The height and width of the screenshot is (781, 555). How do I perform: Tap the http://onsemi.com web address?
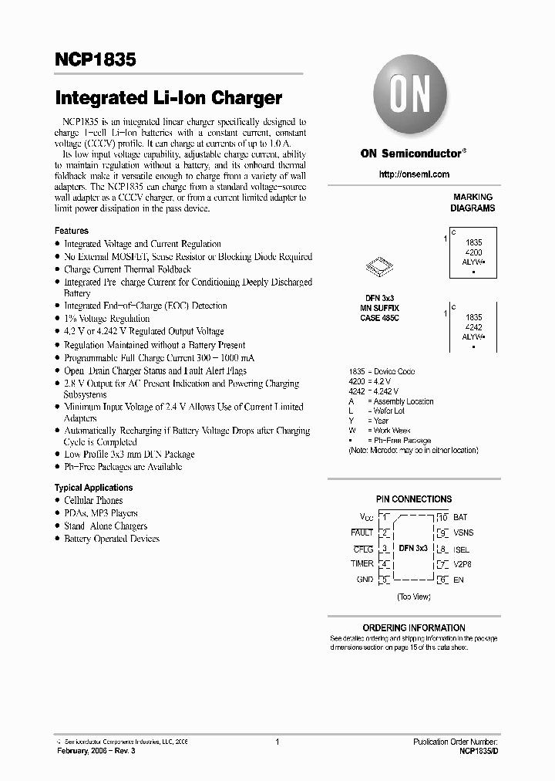coord(413,174)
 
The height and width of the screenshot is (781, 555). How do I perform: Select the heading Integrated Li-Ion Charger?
coord(168,98)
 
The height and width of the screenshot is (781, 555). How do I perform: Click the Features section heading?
coord(71,231)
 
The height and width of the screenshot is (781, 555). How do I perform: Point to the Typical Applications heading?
coord(93,488)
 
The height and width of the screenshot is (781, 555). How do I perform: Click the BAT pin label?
coord(461,517)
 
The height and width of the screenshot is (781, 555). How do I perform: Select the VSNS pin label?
coord(464,533)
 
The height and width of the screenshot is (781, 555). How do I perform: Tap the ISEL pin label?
coord(462,549)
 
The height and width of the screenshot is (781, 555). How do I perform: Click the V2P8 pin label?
coord(463,564)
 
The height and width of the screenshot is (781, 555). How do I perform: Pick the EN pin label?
coord(459,580)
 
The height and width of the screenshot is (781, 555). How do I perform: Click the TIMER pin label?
coord(362,564)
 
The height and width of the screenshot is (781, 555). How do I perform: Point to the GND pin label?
coord(364,580)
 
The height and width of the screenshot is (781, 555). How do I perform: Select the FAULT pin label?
coord(362,532)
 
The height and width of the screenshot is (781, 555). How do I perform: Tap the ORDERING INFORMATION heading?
coord(413,628)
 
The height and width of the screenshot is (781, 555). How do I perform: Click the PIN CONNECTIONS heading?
coord(413,499)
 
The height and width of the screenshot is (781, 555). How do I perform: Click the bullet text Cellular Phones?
coord(93,501)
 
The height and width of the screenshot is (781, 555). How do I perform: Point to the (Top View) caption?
coord(414,597)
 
